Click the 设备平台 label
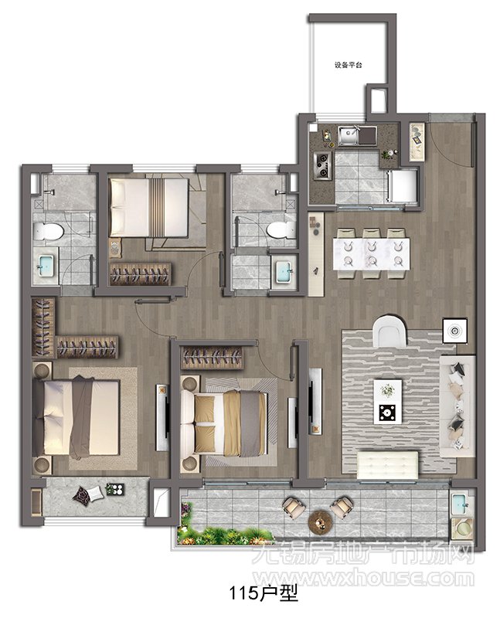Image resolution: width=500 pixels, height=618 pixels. point(349,65)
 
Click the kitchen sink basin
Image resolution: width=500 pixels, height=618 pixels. point(348,136)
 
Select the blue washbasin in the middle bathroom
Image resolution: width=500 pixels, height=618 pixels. point(283,271)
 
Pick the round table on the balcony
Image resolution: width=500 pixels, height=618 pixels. point(321,523)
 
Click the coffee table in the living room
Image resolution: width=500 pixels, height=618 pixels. point(388,402)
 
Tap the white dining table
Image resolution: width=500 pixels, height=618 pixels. point(372,254)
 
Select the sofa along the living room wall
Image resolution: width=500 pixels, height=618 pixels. point(457,406)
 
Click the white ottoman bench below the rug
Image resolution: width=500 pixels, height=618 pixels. point(388,465)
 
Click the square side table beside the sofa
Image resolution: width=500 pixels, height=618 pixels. point(454,331)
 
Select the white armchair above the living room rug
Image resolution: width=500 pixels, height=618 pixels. point(389,331)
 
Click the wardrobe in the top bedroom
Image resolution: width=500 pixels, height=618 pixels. point(141,274)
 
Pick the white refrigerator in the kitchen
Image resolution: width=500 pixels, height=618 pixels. point(402,186)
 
